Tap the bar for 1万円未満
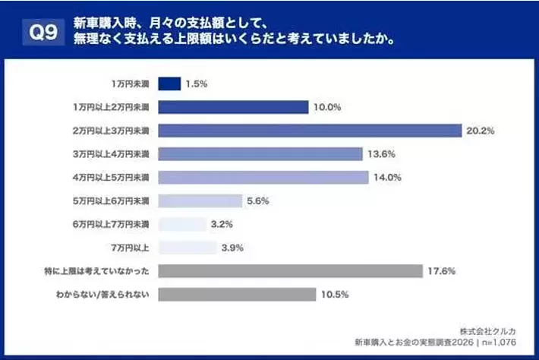tap(169, 84)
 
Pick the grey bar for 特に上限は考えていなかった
tap(290, 271)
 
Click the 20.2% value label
tap(481, 131)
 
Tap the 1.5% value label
tap(198, 84)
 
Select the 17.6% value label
tap(442, 271)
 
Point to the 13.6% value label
tap(382, 154)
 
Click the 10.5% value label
tap(333, 295)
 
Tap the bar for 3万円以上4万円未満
tap(260, 154)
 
